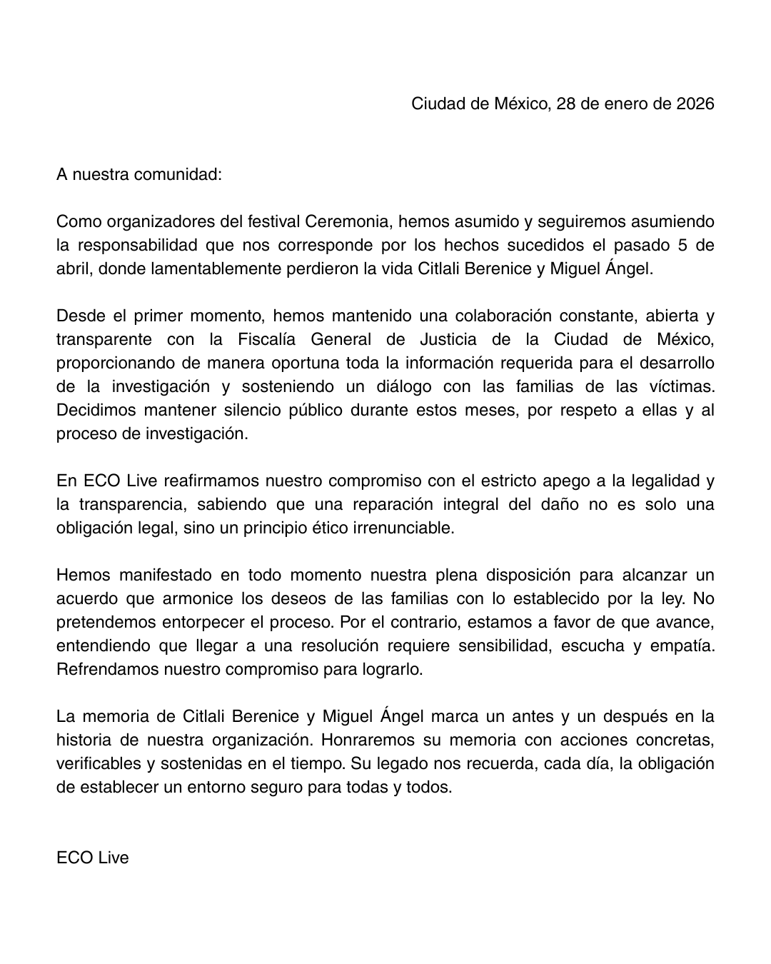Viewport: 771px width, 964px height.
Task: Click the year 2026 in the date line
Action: tap(695, 104)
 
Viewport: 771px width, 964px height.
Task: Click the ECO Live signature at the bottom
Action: tap(93, 858)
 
